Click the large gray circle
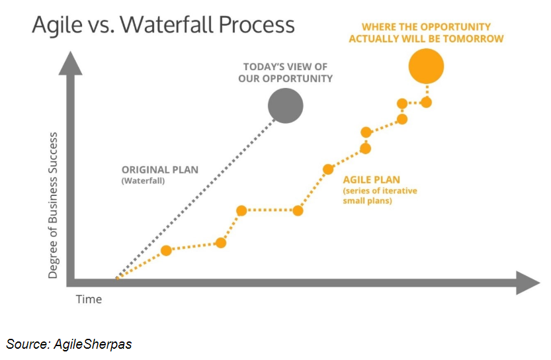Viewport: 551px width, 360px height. [x=285, y=106]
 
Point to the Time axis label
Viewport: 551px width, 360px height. [x=89, y=299]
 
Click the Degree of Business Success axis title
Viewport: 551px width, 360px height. [x=54, y=205]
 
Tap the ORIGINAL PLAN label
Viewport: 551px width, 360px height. [x=159, y=170]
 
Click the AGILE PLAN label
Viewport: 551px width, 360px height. [x=371, y=179]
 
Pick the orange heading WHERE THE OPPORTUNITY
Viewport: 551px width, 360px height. [x=426, y=28]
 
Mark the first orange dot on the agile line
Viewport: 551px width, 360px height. [x=167, y=250]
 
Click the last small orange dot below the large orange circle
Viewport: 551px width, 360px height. [x=427, y=102]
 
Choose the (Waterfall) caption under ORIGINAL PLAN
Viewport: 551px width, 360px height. [x=143, y=181]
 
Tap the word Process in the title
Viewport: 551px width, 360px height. [x=255, y=24]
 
